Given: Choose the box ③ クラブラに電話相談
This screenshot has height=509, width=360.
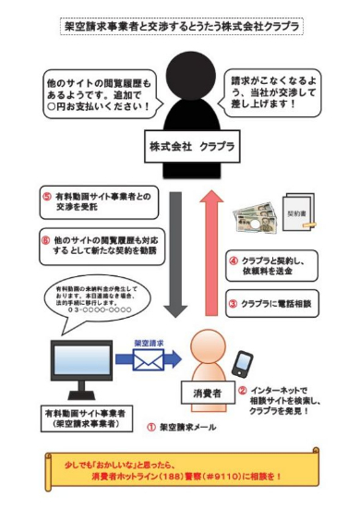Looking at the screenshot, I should pyautogui.click(x=270, y=301).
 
